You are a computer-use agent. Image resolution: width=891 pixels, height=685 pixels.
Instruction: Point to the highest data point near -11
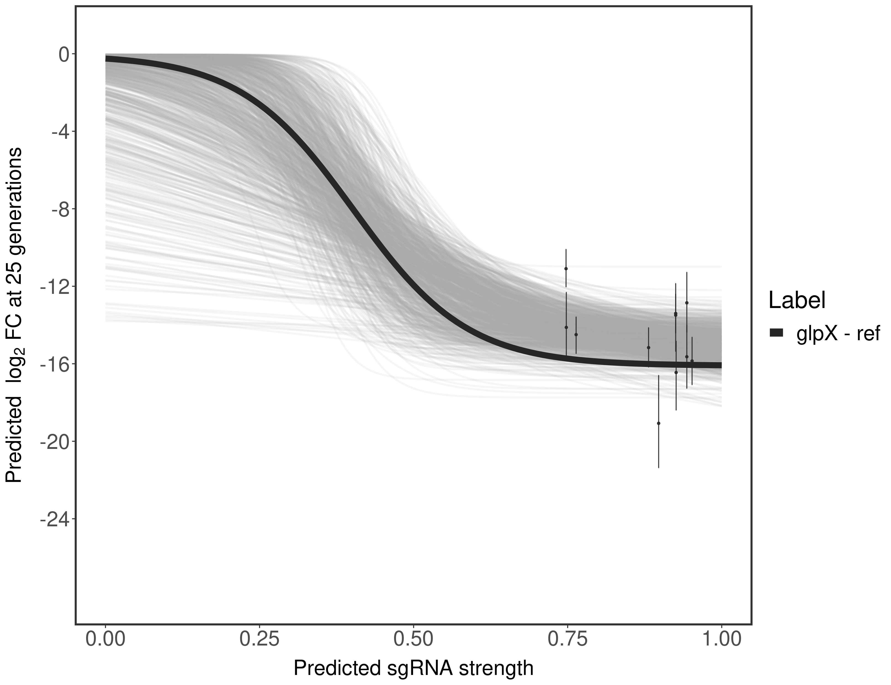tap(566, 268)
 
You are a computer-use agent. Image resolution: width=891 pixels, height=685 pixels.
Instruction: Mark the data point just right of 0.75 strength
tap(576, 334)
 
